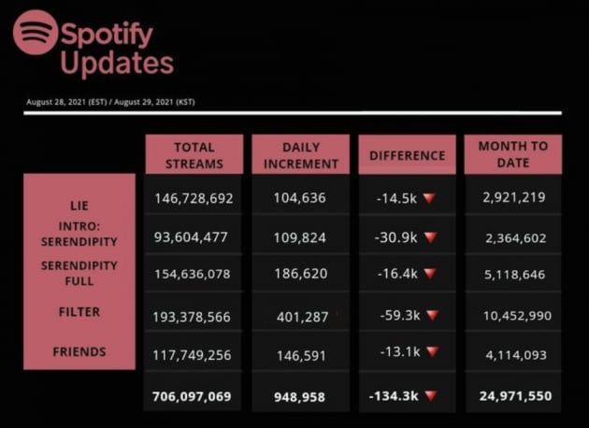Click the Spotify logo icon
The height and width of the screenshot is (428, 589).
click(36, 33)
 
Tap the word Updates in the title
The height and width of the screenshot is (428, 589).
click(117, 64)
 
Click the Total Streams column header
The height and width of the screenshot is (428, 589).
click(194, 155)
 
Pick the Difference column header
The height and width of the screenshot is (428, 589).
click(407, 155)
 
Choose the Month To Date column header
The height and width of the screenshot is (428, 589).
click(513, 154)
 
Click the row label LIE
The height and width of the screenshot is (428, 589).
click(79, 205)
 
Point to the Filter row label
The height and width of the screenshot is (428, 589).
click(79, 312)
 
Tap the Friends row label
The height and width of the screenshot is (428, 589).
click(79, 352)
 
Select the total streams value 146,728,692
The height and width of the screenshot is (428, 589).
click(194, 199)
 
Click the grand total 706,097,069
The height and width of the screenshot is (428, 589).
click(194, 396)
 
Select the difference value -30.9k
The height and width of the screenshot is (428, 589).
click(397, 237)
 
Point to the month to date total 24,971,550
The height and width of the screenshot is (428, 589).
click(513, 396)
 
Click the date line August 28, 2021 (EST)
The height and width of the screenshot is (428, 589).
click(65, 101)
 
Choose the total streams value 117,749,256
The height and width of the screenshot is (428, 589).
click(194, 356)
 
